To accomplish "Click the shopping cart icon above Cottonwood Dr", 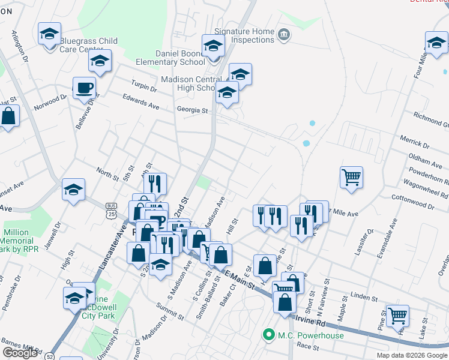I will [x=351, y=177].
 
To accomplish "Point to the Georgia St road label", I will [x=191, y=110].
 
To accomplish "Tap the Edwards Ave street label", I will [x=140, y=102].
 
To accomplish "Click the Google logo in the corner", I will [x=20, y=352].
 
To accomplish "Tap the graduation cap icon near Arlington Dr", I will [x=49, y=34].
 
